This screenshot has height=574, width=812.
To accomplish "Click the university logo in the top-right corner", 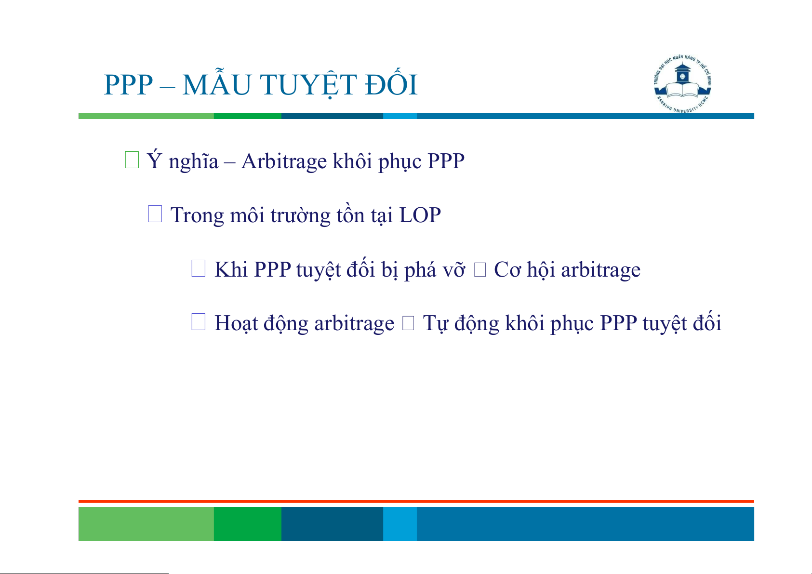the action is coord(682,84).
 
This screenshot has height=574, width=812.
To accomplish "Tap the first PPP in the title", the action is coord(128,85).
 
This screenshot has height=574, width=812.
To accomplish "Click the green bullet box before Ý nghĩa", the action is coord(132,160).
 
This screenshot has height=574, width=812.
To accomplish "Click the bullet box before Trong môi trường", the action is coord(155,214).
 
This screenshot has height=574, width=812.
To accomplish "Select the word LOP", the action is coord(420,215).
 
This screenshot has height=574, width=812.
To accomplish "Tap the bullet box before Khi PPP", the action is coord(198,268).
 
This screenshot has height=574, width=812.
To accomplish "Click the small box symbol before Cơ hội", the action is coord(480,270).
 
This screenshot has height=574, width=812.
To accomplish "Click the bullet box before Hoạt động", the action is coord(198,321).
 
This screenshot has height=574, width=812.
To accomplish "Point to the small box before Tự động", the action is coord(408,323).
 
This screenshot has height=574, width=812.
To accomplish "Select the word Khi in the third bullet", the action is coord(231,269).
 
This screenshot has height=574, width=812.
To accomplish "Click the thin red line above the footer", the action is coord(416,502).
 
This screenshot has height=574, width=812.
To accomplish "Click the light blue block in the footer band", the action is coord(400,523).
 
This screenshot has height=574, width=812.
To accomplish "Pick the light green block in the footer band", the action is coord(146,523).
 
